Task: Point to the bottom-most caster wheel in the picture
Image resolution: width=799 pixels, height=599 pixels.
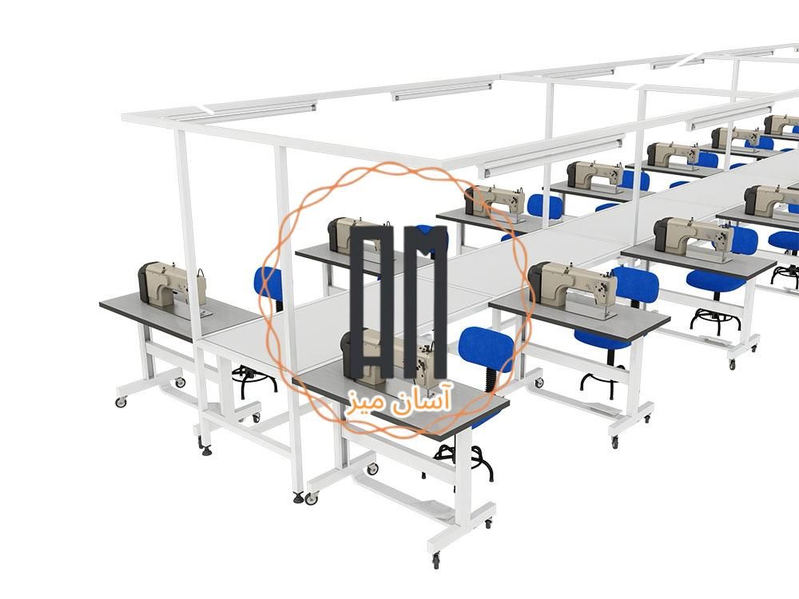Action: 435,561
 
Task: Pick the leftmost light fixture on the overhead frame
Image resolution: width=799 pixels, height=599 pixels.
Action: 260,108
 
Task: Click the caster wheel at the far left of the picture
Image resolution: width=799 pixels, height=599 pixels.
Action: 121,402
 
